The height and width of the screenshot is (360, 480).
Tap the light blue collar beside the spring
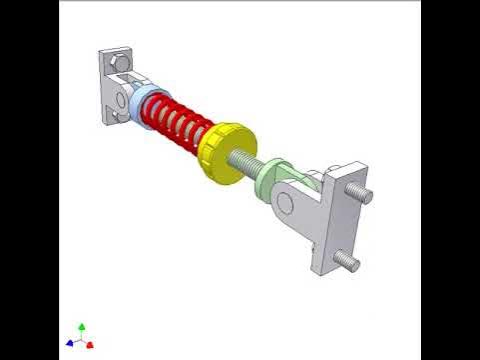point(139,104)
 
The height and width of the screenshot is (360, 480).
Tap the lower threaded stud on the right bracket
point(349,262)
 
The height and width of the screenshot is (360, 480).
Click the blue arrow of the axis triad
point(70,343)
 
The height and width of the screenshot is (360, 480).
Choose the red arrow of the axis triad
point(90,345)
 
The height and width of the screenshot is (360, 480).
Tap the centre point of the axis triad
point(81,340)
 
